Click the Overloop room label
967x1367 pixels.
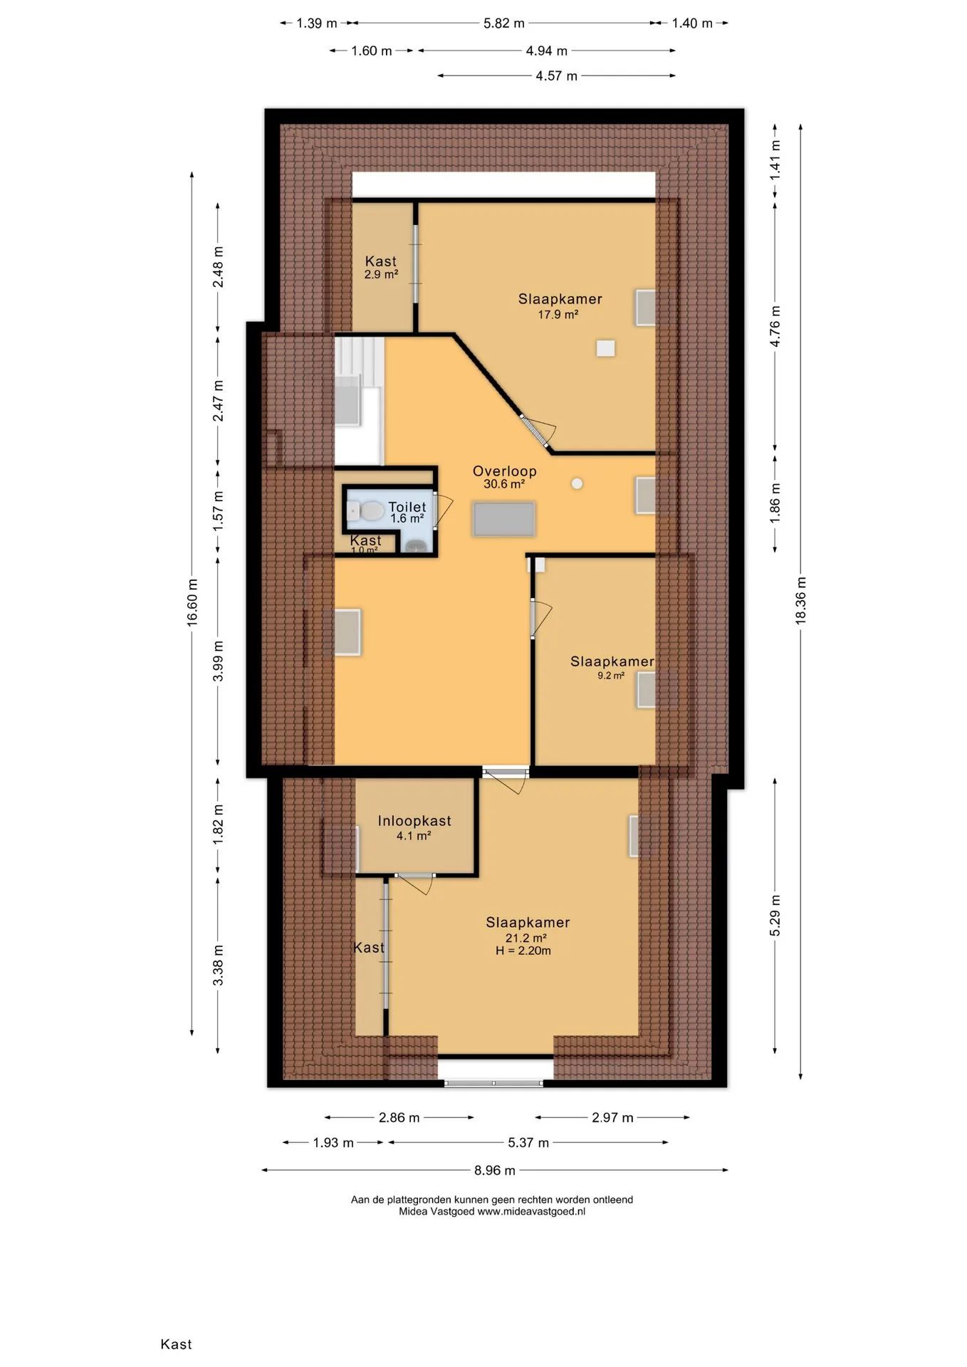(504, 471)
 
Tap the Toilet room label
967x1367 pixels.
(407, 507)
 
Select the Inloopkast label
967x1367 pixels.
(414, 821)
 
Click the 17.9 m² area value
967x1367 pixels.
(558, 314)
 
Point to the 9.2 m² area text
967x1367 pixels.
(611, 676)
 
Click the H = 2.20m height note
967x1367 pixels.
(523, 950)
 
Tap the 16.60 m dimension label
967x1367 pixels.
(192, 602)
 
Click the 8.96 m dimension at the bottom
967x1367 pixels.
(495, 1170)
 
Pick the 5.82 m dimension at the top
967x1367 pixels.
(504, 23)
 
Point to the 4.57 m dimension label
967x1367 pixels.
(557, 75)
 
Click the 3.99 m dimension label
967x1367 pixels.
(219, 661)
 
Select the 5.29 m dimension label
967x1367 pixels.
(775, 916)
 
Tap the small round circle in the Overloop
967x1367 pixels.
(577, 483)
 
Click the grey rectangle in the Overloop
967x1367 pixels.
(504, 519)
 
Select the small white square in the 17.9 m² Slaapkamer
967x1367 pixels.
(606, 348)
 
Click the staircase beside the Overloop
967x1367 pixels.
(359, 401)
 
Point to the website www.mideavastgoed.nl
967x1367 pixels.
(531, 1211)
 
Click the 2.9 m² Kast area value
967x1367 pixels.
(381, 274)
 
